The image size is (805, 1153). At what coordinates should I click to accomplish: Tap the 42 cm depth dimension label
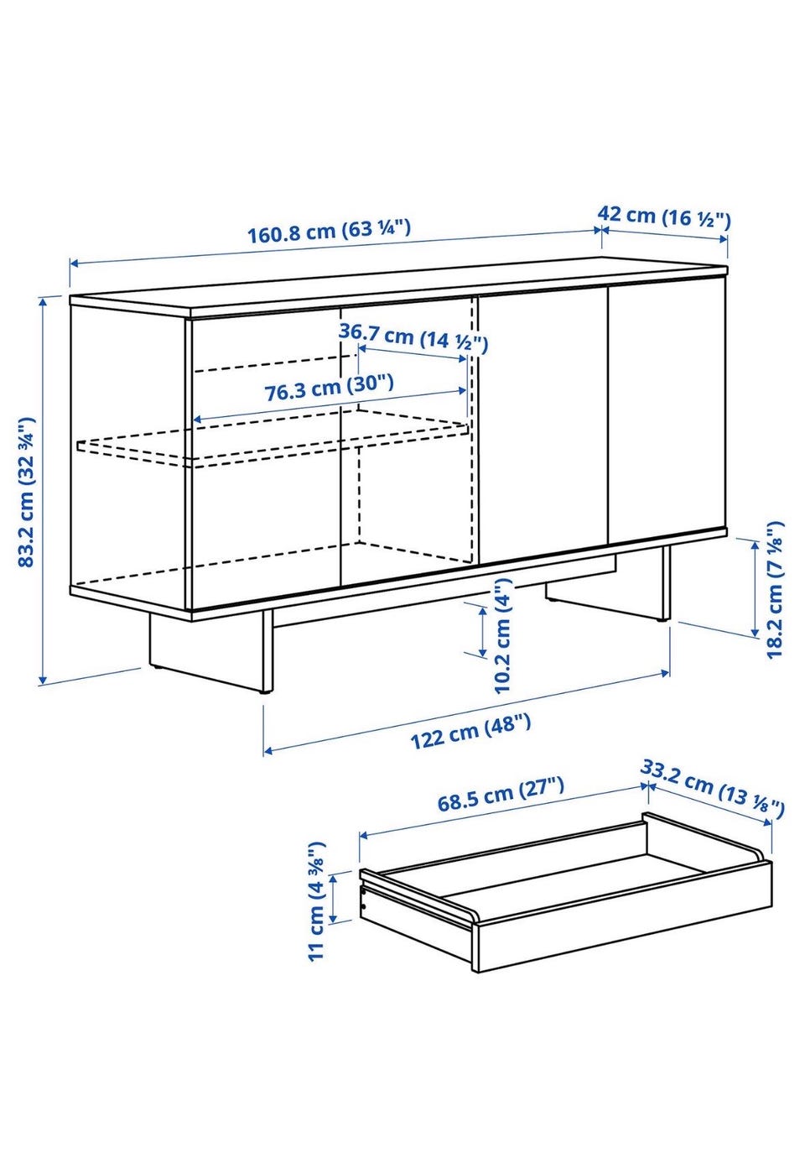(664, 216)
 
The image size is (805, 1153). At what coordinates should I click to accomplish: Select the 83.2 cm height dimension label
(27, 492)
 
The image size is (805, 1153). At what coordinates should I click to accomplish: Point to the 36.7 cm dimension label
(413, 338)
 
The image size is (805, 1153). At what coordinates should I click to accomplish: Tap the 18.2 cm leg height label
(774, 590)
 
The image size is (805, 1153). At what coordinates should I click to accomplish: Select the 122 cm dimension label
(470, 732)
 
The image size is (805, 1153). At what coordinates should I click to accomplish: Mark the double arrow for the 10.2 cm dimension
(482, 632)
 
